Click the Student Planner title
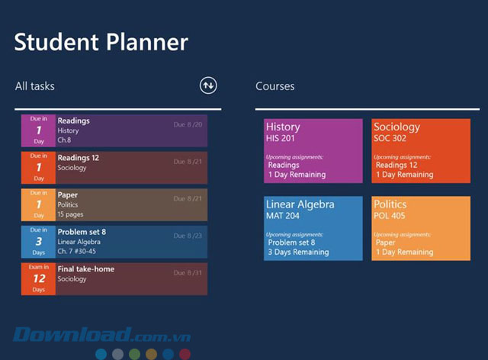(101, 41)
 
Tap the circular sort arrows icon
(208, 86)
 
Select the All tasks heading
(35, 86)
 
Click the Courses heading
(275, 86)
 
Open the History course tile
(313, 151)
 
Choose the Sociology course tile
(421, 151)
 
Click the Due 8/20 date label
(188, 124)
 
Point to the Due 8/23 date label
(188, 236)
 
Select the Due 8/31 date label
(188, 273)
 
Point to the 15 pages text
(72, 214)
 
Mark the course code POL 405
(390, 217)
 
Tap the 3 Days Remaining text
(298, 252)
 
